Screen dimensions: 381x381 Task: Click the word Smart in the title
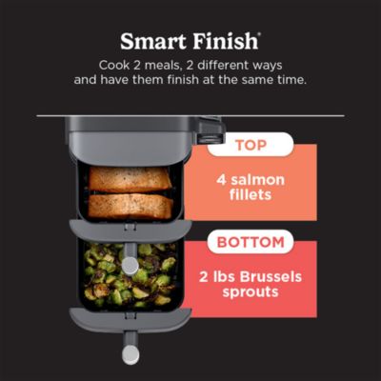click(x=152, y=41)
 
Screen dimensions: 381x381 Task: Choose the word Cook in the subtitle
click(x=115, y=65)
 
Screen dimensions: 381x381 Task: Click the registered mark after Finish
click(x=260, y=34)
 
